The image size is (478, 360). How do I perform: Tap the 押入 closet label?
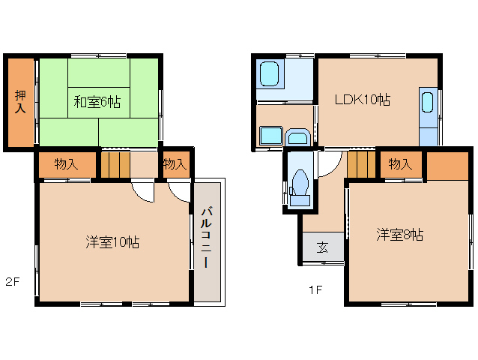coord(20,102)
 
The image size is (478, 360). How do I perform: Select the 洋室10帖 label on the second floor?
coord(112,241)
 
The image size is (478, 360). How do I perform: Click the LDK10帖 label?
coord(362,99)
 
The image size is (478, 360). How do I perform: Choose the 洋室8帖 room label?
coord(399,235)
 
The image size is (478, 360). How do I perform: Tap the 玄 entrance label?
coord(322,247)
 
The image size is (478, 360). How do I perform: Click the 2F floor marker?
coord(12,282)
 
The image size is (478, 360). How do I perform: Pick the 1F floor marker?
coord(315,289)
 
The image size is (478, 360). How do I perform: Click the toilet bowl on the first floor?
coord(301,184)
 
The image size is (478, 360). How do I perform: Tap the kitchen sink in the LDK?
coord(428,103)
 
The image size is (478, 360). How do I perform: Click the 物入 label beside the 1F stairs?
coord(399,164)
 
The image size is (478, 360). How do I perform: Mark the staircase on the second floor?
coord(115,165)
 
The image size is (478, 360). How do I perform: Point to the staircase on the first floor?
coord(360,163)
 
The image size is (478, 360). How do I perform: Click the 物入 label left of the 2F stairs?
coord(66,164)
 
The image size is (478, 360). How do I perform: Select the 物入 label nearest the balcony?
coord(174,164)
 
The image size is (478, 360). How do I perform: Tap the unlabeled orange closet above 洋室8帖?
coord(447,164)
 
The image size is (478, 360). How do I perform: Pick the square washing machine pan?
coord(270,136)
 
